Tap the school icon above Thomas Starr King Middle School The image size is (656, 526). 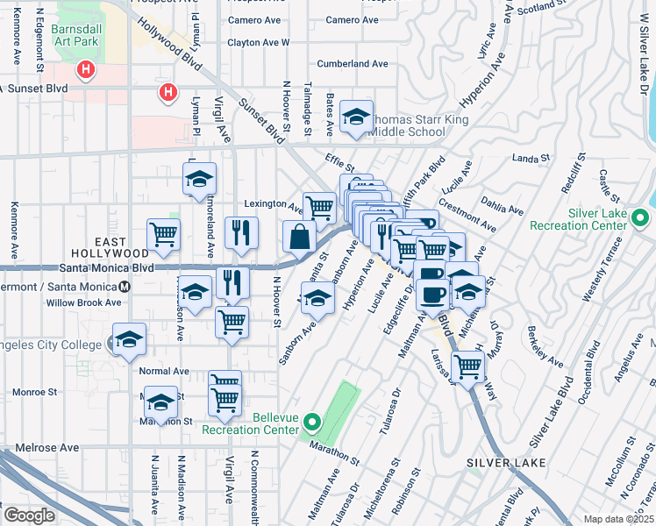356,117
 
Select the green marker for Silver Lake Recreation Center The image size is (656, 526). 641,217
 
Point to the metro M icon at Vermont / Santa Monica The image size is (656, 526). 125,287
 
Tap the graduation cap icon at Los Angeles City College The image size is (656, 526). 129,340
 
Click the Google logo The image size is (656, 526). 29,515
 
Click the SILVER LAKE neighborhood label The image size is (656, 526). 507,462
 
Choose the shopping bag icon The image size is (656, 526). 299,237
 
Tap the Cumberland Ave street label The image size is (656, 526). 353,64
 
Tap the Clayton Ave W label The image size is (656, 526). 258,42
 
